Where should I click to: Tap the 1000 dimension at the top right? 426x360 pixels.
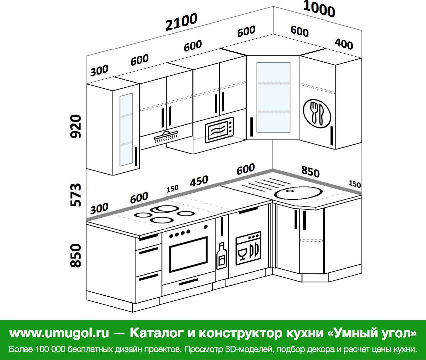coord(319,9)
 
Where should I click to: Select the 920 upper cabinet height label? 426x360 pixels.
coord(76,126)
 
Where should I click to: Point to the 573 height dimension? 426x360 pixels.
coord(76,195)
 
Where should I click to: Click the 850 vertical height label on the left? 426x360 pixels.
coord(76,255)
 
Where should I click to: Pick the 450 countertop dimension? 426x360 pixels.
coord(199,181)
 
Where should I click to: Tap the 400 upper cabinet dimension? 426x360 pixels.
coord(344,44)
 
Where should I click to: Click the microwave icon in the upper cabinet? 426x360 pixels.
coord(219,130)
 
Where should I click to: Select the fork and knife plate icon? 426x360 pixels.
coord(317,114)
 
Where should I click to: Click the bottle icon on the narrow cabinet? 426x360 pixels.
coord(222,256)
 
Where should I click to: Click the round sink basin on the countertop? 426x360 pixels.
coord(298,193)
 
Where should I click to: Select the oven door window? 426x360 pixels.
coord(188,254)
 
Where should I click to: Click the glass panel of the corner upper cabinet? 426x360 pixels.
coord(273,97)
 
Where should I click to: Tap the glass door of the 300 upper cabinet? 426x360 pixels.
coord(126,130)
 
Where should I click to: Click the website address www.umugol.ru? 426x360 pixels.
coord(59,333)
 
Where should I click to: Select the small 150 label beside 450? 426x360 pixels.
coord(172,188)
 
